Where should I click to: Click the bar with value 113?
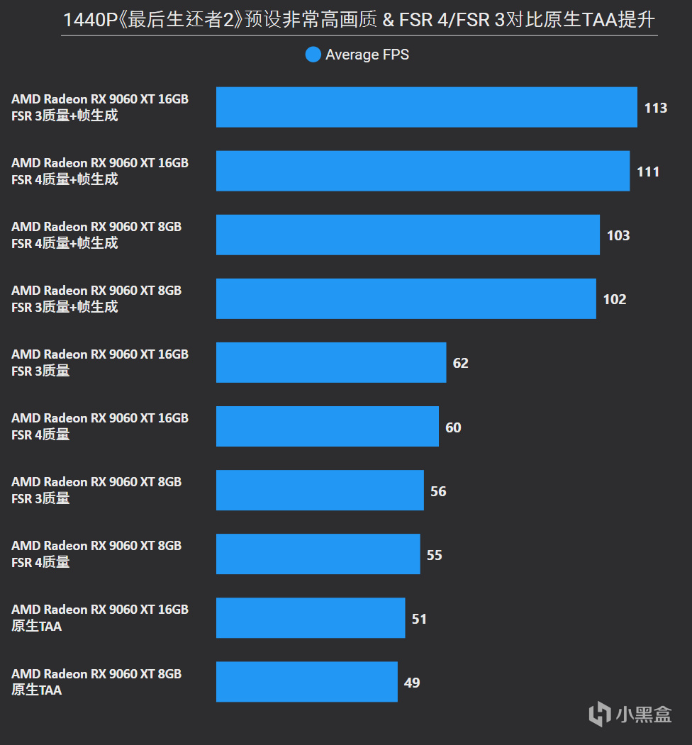point(426,107)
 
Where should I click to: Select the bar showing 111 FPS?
point(423,171)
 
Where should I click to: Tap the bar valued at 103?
point(408,235)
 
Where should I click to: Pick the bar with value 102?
point(406,298)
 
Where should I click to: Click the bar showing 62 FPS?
point(331,362)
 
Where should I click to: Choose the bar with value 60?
point(327,426)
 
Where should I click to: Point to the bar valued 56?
point(320,490)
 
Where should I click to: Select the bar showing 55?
point(318,554)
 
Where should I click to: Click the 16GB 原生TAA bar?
point(311,617)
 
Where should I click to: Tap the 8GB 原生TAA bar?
point(306,681)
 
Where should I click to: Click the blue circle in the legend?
point(313,55)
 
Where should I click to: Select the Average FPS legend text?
point(367,55)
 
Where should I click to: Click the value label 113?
point(656,108)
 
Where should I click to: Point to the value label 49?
point(411,683)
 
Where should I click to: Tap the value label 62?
point(460,363)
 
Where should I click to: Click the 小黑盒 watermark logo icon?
point(600,713)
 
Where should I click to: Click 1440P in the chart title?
point(91,20)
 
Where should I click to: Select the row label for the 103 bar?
point(96,235)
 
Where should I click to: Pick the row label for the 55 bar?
point(96,554)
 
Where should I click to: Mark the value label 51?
point(419,619)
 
